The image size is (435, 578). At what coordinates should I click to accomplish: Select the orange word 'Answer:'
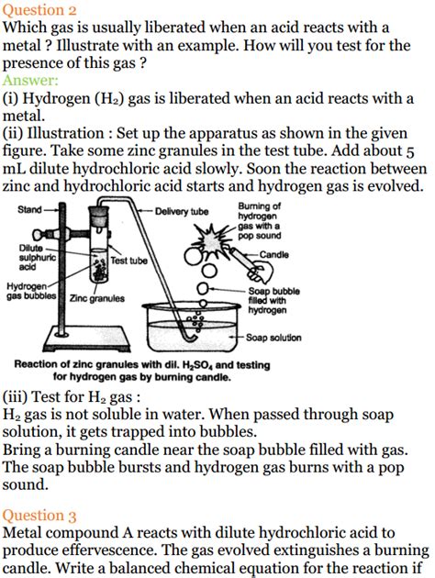point(31,81)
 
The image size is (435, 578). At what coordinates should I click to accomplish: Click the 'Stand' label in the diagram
point(29,210)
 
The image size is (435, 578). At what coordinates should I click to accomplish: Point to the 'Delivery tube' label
point(182,211)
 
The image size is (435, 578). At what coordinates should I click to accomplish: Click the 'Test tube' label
point(128,261)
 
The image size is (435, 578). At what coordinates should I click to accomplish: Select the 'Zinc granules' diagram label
point(96,298)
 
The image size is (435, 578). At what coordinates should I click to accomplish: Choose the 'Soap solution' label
point(273,338)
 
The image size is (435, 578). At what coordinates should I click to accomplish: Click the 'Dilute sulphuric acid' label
point(37,258)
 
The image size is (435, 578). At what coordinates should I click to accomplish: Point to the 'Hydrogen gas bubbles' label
point(32,292)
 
